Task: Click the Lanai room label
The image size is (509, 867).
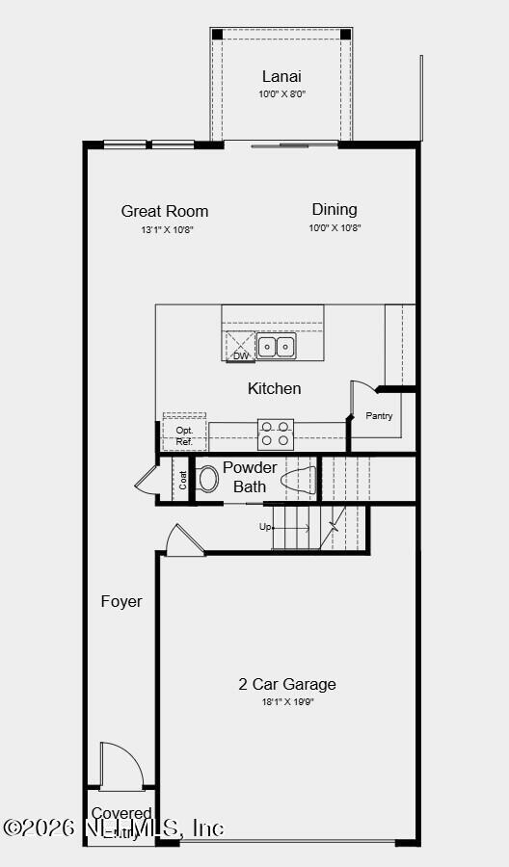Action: (281, 76)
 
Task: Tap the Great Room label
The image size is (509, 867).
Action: (165, 211)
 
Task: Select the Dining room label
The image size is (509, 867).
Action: (335, 209)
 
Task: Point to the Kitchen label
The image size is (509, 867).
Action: (275, 388)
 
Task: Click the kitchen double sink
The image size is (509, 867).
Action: (276, 347)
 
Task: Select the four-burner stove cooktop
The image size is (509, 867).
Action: (276, 434)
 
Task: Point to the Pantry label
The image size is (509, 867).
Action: (379, 416)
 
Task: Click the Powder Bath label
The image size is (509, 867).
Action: (250, 477)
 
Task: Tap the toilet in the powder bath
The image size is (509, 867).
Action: (207, 479)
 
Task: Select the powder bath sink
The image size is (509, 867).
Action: (299, 479)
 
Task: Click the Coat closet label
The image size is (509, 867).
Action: (182, 479)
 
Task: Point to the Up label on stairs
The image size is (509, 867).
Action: (265, 527)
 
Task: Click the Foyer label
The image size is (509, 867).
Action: (121, 601)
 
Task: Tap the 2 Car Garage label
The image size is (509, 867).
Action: (287, 684)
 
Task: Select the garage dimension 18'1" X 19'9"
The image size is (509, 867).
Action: (287, 702)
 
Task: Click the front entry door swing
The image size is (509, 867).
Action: (121, 765)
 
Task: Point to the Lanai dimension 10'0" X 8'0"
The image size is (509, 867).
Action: (281, 94)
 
